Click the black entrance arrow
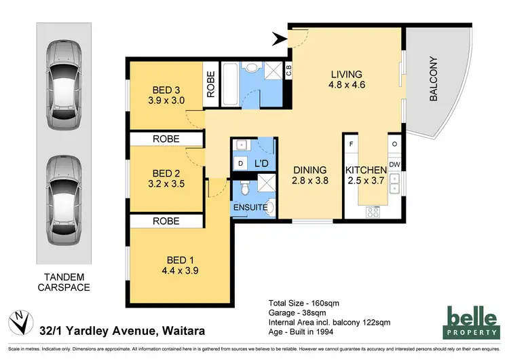pyautogui.click(x=280, y=40)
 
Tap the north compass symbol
pyautogui.click(x=18, y=319)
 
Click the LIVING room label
pyautogui.click(x=347, y=74)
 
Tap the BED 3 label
pyautogui.click(x=166, y=89)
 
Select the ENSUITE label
pyautogui.click(x=247, y=207)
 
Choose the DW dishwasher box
pyautogui.click(x=394, y=164)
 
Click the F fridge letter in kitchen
pyautogui.click(x=351, y=145)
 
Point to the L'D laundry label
pyautogui.click(x=261, y=164)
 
